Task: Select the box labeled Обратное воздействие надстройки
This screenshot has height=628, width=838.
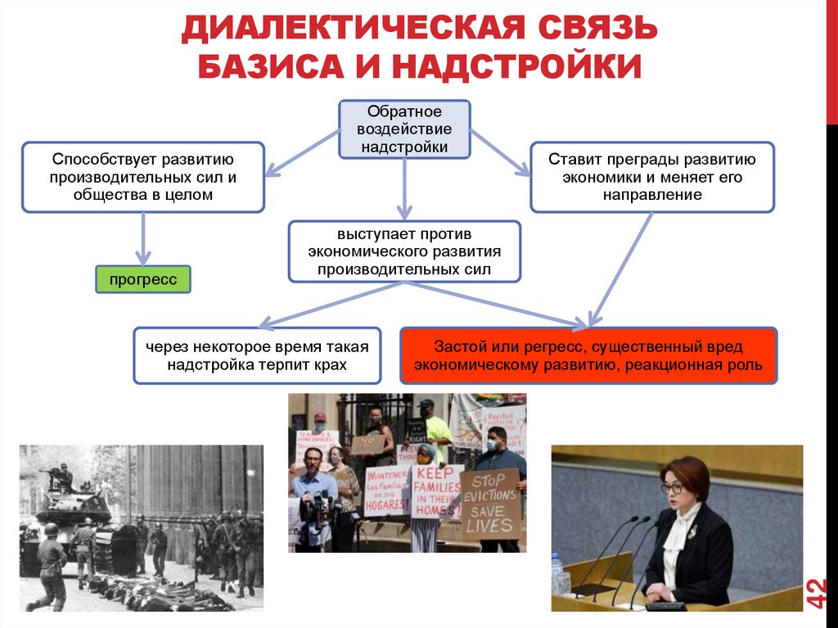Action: point(404,129)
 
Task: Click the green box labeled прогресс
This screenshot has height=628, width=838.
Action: point(143,279)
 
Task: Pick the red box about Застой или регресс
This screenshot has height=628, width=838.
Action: point(588,356)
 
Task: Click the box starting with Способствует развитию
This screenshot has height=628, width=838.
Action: point(143,177)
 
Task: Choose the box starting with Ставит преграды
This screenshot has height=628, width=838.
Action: point(651,177)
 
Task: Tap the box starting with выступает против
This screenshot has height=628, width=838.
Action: point(404,251)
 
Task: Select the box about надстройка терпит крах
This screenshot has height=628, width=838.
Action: point(257,356)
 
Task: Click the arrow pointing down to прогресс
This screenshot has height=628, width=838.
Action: point(143,238)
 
